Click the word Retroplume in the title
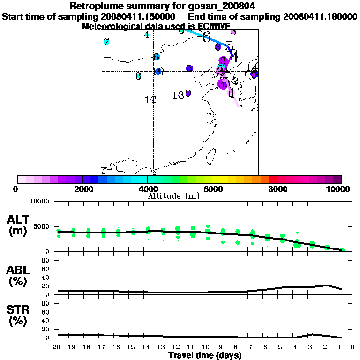point(96,7)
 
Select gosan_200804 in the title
point(225,7)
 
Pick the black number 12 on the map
point(150,100)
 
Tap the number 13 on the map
point(178,96)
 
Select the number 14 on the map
point(252,68)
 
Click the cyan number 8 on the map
point(138,76)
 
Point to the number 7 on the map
point(106,42)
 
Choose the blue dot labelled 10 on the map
point(158,72)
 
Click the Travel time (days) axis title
point(205,355)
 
